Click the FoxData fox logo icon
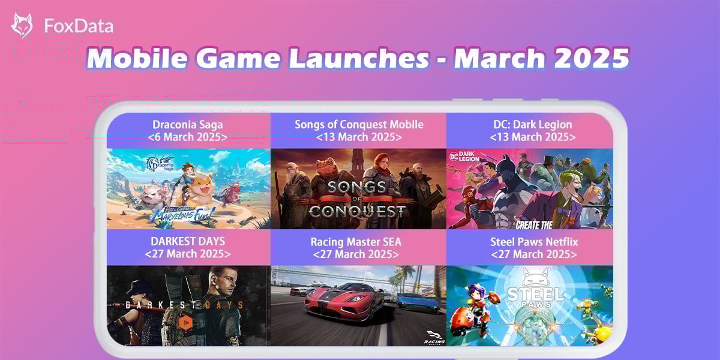(x=22, y=26)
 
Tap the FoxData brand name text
(x=79, y=26)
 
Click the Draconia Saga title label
(x=188, y=125)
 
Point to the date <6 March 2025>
(x=188, y=137)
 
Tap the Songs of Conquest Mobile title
(x=359, y=125)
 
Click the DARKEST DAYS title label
(x=188, y=241)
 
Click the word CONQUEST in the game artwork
(x=357, y=211)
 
